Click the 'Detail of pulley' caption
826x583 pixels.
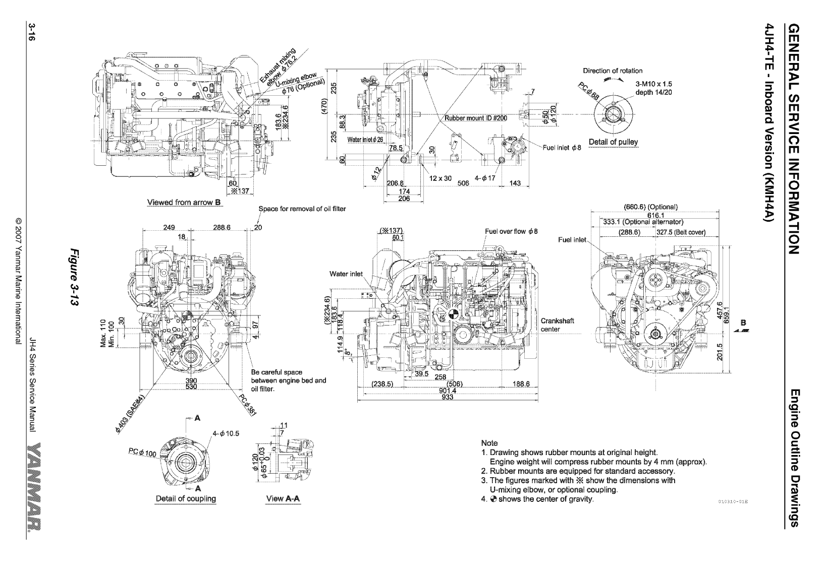point(613,142)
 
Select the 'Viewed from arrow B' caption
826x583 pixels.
point(184,203)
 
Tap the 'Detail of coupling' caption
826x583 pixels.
point(185,498)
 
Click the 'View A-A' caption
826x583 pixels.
point(283,498)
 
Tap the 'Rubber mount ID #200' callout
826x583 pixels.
point(475,118)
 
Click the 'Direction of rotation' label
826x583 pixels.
point(613,71)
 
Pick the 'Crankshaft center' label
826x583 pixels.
point(557,325)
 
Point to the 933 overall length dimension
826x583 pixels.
point(448,397)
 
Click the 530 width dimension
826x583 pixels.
point(191,386)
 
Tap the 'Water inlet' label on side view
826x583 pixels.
point(346,274)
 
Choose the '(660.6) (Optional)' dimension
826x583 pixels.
point(650,207)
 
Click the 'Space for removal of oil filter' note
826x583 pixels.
point(302,209)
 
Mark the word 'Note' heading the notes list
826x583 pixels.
point(489,443)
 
